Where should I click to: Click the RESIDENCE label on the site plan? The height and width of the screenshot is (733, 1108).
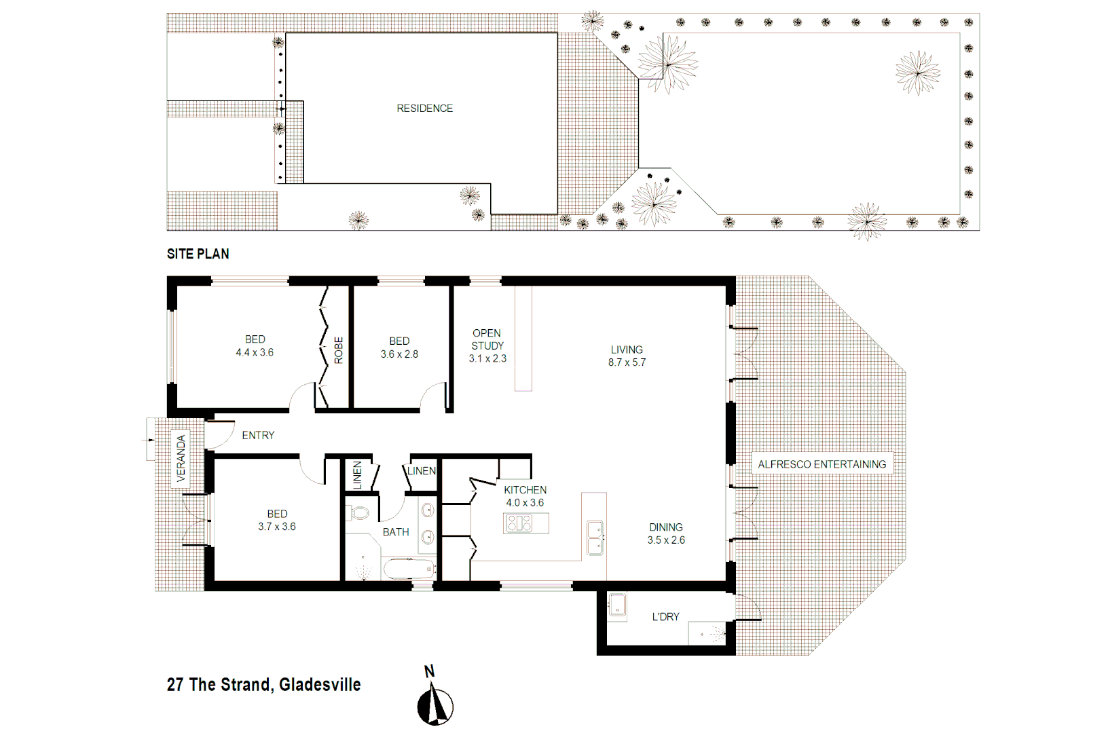tap(424, 109)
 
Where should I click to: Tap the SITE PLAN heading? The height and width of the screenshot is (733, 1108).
tap(198, 254)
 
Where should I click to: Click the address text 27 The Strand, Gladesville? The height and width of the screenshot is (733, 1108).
tap(263, 684)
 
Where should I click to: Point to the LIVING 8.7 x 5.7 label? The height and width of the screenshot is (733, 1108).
tap(627, 356)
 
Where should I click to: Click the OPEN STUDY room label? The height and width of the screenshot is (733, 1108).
tap(487, 345)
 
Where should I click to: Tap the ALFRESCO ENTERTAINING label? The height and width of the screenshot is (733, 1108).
tap(821, 464)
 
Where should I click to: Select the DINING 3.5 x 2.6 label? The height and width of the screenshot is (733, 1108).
tap(665, 533)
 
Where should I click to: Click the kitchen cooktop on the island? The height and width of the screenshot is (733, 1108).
tap(519, 523)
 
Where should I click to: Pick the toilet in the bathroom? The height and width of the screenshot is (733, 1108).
tap(358, 512)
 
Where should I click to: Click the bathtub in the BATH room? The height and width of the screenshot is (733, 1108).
tap(409, 569)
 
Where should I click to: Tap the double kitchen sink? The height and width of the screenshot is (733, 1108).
tap(595, 538)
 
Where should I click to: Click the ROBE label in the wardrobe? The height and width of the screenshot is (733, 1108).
tap(338, 350)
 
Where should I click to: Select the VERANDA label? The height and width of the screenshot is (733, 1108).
tap(181, 458)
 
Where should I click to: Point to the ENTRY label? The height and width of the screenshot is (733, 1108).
tap(258, 435)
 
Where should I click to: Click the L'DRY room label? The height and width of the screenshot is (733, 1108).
tap(665, 616)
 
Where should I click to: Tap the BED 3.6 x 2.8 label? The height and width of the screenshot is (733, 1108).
tap(399, 347)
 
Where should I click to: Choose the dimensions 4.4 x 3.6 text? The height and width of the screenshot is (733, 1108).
tap(255, 352)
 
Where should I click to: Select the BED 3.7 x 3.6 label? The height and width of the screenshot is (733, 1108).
tap(276, 520)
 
